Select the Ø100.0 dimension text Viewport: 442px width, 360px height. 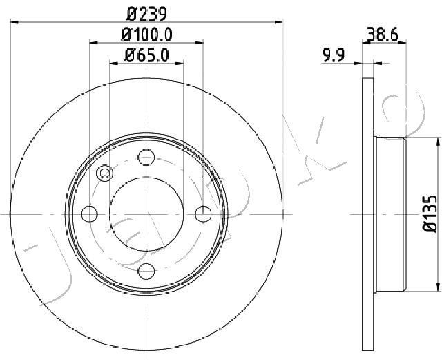[146, 33]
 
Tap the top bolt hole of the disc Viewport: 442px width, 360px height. [146, 158]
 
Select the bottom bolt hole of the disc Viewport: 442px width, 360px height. [146, 271]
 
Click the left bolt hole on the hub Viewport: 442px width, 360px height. [90, 214]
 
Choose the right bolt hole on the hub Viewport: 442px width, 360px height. [202, 214]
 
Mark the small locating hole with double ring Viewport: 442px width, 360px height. [106, 173]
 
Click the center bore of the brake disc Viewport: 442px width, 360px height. [146, 214]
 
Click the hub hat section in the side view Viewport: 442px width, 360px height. [390, 214]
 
